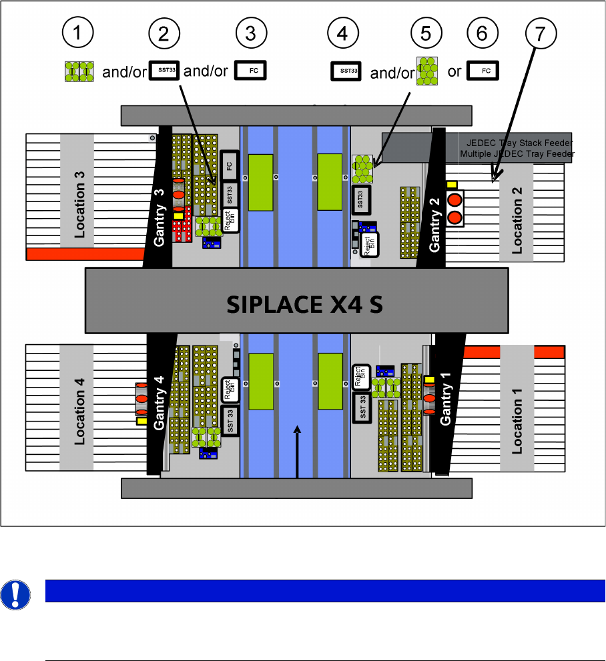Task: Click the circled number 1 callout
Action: pyautogui.click(x=79, y=33)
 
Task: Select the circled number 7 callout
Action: pyautogui.click(x=542, y=33)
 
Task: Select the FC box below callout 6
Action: pyautogui.click(x=483, y=71)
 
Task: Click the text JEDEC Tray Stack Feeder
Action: pyautogui.click(x=517, y=143)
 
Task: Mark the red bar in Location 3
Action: pyautogui.click(x=85, y=253)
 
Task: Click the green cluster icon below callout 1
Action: pyautogui.click(x=79, y=71)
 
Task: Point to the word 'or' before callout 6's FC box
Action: pyautogui.click(x=454, y=71)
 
